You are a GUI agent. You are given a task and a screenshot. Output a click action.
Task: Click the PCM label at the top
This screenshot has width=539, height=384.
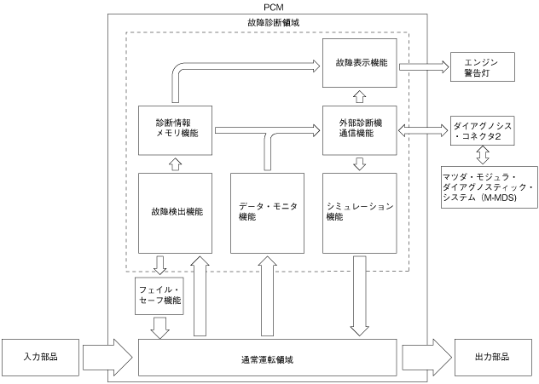click(274, 7)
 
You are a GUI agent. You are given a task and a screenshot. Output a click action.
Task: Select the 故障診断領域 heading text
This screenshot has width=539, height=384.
click(273, 23)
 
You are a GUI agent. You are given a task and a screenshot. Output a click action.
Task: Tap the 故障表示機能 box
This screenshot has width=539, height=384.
click(360, 63)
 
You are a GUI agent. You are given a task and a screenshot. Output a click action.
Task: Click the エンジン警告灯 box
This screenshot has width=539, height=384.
click(483, 67)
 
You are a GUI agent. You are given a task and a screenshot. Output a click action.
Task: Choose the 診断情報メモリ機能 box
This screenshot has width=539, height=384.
click(176, 130)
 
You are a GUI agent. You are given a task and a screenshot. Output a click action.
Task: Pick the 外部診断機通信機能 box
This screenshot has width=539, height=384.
click(360, 130)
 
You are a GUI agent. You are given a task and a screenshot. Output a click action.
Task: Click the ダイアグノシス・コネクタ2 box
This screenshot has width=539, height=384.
click(483, 131)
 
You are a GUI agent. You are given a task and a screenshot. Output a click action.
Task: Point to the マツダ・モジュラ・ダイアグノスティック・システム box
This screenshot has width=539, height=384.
click(490, 187)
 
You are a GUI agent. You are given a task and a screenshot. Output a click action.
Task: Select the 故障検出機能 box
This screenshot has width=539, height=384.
click(176, 213)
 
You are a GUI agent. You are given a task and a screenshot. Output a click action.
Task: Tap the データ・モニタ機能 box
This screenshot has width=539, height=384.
click(268, 213)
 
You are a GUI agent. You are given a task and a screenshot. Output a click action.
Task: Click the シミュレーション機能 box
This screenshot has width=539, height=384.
click(360, 213)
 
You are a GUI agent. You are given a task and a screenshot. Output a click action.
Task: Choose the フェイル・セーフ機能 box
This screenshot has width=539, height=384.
click(159, 296)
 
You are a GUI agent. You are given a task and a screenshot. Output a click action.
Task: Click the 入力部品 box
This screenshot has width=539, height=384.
click(41, 358)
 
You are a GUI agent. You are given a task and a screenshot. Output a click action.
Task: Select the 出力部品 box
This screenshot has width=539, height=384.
click(493, 358)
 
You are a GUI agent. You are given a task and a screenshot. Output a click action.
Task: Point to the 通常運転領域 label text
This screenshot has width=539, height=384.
click(267, 359)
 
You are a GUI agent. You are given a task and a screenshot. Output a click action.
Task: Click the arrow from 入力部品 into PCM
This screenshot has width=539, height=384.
click(107, 358)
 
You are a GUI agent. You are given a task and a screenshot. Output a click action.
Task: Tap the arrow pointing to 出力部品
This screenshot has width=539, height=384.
click(427, 358)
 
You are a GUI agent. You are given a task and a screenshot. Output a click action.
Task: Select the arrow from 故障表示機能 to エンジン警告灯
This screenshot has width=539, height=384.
click(424, 66)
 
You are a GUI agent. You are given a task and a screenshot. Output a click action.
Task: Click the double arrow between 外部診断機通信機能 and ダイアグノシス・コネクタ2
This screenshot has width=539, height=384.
click(423, 130)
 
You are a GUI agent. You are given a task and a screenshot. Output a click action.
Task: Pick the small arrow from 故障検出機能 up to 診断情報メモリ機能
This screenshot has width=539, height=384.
click(176, 164)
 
